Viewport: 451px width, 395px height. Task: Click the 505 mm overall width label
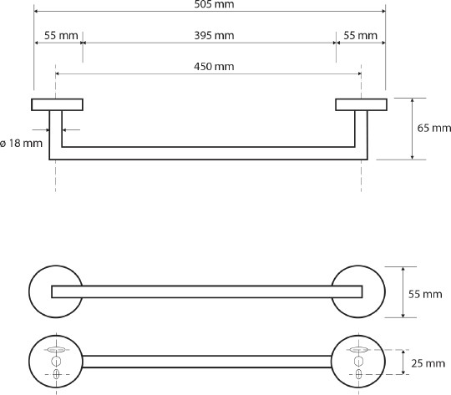pyautogui.click(x=214, y=4)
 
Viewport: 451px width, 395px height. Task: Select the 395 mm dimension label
pyautogui.click(x=214, y=35)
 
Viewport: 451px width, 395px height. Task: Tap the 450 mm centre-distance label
pyautogui.click(x=214, y=67)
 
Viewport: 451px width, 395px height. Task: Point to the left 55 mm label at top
pyautogui.click(x=61, y=35)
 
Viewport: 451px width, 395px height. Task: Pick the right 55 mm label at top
pyautogui.click(x=361, y=35)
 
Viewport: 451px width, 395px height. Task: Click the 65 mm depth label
pyautogui.click(x=434, y=128)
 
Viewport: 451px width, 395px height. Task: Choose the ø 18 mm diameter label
pyautogui.click(x=21, y=143)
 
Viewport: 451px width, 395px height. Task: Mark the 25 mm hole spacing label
pyautogui.click(x=428, y=363)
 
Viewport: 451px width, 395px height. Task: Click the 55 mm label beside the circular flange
pyautogui.click(x=425, y=294)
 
